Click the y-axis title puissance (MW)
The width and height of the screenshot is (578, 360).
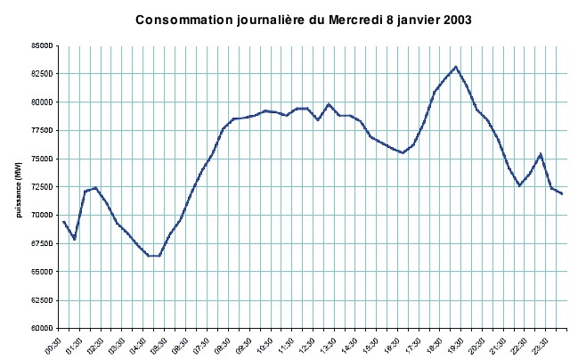18,187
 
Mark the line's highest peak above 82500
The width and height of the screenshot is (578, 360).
456,66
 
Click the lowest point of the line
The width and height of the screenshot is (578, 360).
153,256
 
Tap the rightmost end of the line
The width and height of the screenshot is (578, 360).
562,193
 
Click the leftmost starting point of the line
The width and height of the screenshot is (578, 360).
63,221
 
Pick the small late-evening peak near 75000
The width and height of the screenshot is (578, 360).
541,154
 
